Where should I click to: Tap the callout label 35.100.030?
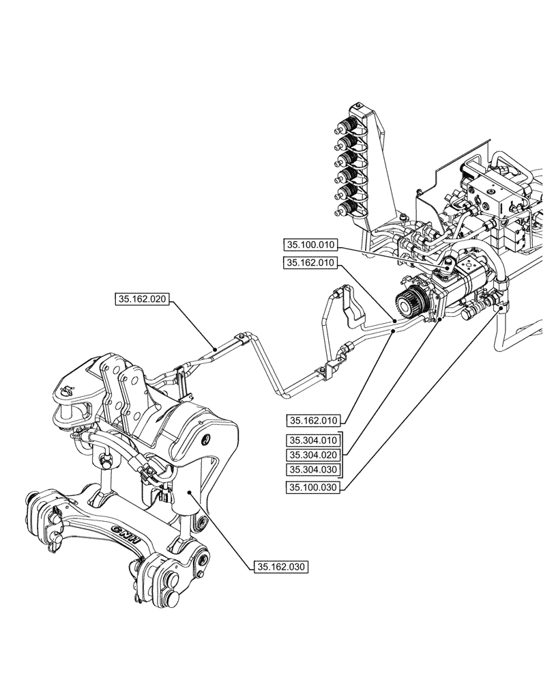pyautogui.click(x=314, y=488)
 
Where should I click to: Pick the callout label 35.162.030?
pyautogui.click(x=281, y=566)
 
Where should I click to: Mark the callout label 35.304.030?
pyautogui.click(x=314, y=470)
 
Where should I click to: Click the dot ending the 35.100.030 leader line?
pyautogui.click(x=501, y=309)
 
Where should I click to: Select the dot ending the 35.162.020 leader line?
pyautogui.click(x=216, y=348)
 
